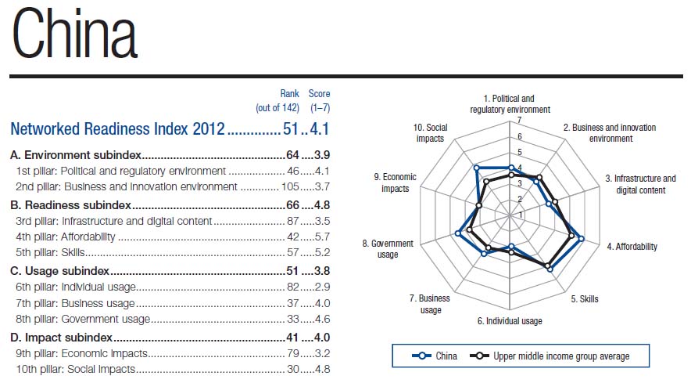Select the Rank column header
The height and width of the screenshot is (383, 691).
pos(289,94)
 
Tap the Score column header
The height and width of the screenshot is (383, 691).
pos(319,94)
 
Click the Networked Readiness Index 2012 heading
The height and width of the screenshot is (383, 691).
pos(117,128)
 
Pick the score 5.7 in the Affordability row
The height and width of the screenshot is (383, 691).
pos(322,237)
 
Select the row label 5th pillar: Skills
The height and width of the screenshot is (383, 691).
pos(51,253)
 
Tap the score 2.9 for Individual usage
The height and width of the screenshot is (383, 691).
pos(322,287)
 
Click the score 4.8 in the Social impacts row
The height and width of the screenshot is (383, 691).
pos(322,369)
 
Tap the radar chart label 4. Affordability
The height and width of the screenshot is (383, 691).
pos(632,247)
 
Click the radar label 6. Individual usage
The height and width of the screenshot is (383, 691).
pos(510,321)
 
